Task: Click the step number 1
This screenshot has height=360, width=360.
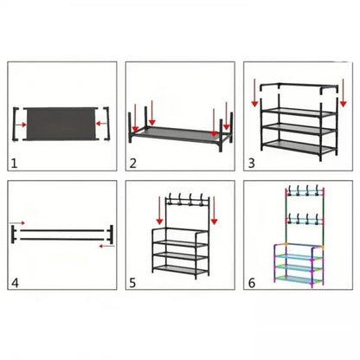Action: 15,164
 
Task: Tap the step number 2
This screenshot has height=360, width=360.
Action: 133,164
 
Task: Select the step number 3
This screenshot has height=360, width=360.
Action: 252,164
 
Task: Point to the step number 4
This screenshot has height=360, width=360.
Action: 15,283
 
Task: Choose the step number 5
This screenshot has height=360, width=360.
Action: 132,283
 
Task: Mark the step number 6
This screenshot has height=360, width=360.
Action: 252,283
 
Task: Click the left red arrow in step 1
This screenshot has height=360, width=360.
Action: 21,125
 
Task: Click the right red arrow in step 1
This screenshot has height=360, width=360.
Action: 101,124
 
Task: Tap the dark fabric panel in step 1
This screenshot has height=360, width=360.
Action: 61,124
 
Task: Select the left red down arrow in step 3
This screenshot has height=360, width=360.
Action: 254,93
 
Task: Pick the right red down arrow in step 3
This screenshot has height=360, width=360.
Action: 343,93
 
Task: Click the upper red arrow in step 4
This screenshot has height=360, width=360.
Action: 17,223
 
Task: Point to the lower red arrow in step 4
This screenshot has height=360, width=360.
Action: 106,246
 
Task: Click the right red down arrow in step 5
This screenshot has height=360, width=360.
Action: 214,211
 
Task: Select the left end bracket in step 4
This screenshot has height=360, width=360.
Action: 13,235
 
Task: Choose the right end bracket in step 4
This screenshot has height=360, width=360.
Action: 111,235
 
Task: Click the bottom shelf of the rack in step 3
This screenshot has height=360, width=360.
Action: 299,146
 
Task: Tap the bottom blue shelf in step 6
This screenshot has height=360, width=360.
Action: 299,280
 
